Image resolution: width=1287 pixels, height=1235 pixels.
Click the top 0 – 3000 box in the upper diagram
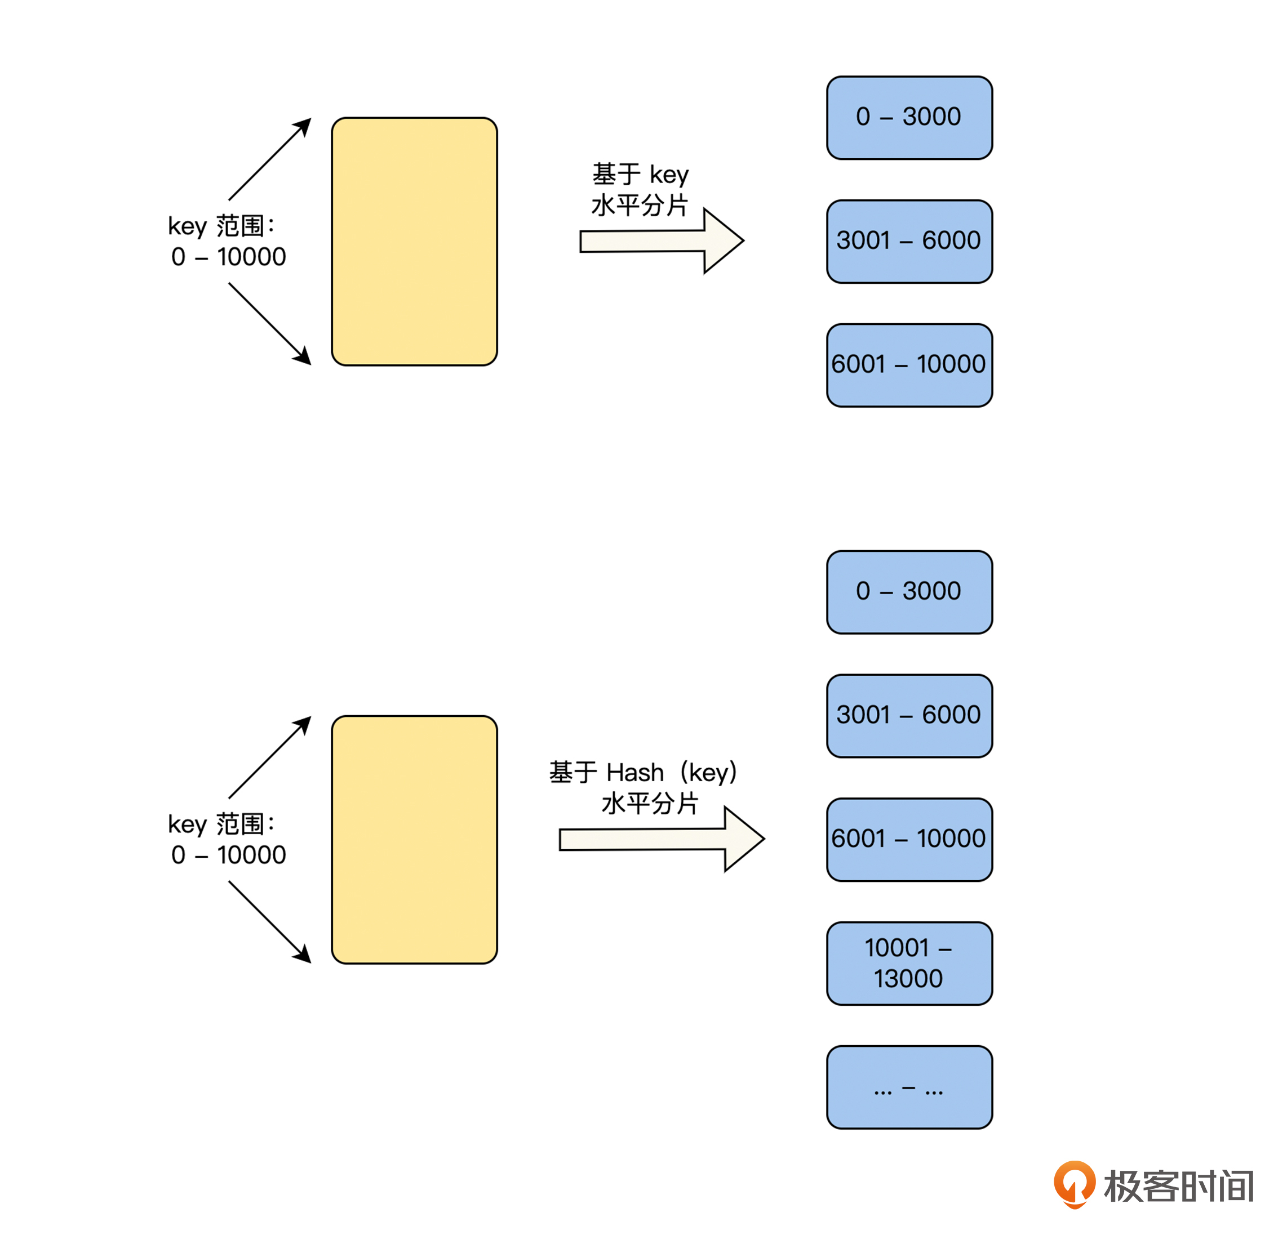(909, 118)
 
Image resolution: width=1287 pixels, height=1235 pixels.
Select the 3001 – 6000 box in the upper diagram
(909, 241)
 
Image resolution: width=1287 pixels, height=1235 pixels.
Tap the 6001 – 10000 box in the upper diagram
(909, 365)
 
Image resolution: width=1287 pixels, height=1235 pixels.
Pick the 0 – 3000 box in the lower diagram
(909, 592)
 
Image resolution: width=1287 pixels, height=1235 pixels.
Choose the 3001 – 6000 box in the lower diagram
(909, 715)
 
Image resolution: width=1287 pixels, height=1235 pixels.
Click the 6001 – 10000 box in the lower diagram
(909, 839)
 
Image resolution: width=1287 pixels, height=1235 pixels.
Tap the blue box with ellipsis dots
(909, 1087)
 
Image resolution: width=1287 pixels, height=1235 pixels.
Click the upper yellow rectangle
(414, 242)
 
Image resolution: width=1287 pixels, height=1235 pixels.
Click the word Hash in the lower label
(635, 773)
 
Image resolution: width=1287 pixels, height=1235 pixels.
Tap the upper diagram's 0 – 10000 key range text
(229, 257)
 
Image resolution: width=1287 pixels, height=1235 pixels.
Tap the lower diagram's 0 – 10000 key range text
(229, 854)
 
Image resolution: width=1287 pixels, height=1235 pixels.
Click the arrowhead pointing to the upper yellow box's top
(303, 126)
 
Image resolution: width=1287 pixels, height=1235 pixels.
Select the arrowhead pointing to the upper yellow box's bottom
(303, 357)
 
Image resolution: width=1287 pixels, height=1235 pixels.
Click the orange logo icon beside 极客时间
(1074, 1184)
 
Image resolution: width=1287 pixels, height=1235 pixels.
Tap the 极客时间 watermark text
(1178, 1186)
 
